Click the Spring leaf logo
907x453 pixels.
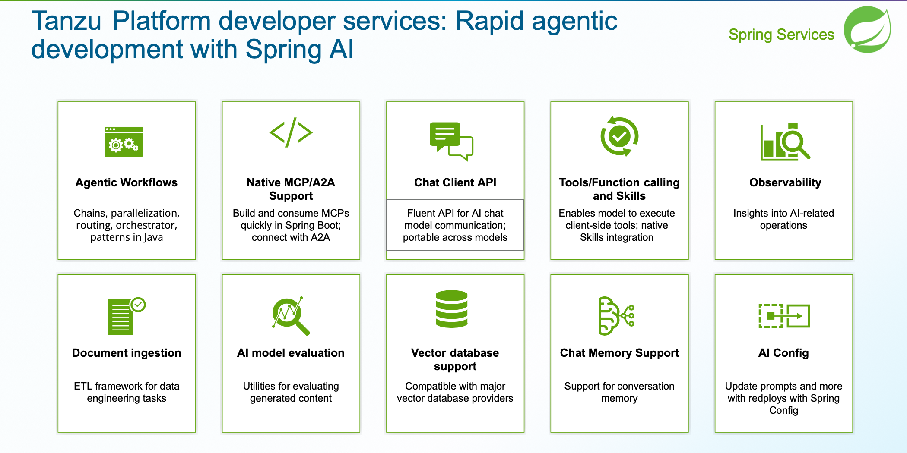pos(867,30)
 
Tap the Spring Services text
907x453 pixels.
pos(781,35)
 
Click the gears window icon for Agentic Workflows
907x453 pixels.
pos(124,142)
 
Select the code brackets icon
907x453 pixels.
pos(291,132)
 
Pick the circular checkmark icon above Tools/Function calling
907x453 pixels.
pos(619,136)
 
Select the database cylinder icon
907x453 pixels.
pos(451,309)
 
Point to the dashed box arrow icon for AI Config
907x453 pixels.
pos(784,316)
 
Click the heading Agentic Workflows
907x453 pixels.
pos(127,182)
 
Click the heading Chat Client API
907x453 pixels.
pos(455,182)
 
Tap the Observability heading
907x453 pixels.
pos(785,182)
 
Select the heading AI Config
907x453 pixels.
pos(783,353)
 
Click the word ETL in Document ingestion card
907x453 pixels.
pos(82,386)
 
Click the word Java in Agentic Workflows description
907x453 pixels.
pos(153,237)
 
